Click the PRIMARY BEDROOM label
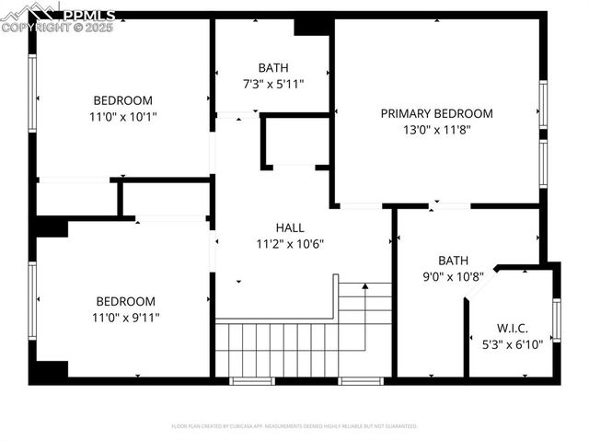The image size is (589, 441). [436, 113]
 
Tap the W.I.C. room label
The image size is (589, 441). [512, 329]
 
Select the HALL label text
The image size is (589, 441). [290, 227]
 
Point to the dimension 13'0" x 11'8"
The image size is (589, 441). [436, 130]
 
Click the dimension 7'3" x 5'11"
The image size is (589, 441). [273, 84]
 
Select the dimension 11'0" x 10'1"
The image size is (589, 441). [123, 117]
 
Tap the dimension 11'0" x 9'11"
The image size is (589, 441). [126, 318]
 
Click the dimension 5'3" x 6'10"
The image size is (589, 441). [512, 345]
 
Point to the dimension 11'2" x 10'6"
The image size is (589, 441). [290, 244]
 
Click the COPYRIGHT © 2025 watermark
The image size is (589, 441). [57, 28]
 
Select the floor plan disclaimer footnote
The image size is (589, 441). [294, 426]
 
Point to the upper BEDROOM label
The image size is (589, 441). [123, 100]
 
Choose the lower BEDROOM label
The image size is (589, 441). [126, 301]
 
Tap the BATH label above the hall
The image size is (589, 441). [273, 67]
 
